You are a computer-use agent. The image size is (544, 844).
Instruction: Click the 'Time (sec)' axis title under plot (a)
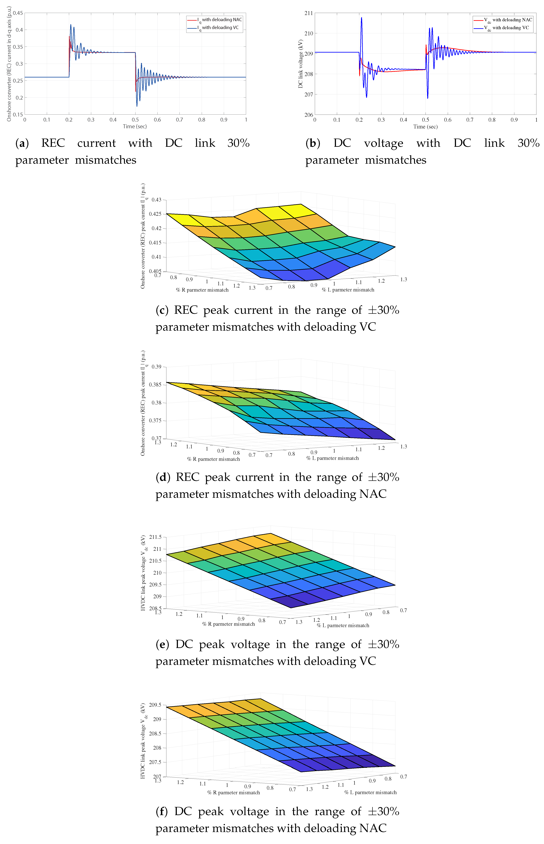tap(135, 127)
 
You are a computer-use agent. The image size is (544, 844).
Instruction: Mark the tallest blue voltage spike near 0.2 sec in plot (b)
tap(361, 18)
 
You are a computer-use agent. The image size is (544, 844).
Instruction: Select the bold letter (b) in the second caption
tap(313, 143)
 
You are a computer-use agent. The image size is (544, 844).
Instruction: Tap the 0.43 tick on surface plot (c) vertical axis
tap(156, 200)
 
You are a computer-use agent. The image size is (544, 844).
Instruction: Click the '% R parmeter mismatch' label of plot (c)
tap(202, 290)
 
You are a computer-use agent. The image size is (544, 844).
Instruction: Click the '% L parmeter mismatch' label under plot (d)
tap(332, 458)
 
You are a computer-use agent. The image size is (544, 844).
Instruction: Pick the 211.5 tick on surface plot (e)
tap(155, 537)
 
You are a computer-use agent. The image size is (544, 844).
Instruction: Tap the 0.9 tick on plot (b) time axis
tap(514, 120)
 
